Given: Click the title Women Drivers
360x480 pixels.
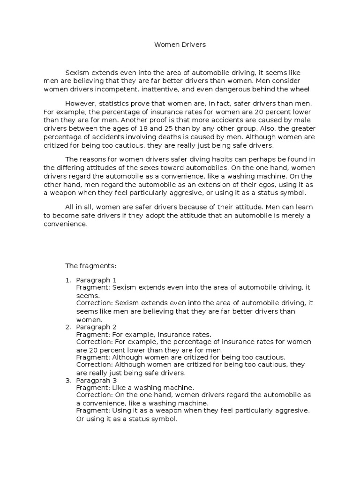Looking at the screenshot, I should tap(180, 45).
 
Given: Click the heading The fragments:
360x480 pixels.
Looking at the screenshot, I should tap(90, 266).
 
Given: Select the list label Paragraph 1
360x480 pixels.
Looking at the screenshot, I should tap(96, 280).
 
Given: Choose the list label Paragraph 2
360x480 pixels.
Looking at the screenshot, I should tap(96, 327).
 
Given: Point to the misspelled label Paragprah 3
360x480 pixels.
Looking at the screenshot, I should tap(96, 380).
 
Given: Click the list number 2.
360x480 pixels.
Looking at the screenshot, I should tap(67, 327).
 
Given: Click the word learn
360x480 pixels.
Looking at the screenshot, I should tap(304, 207).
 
